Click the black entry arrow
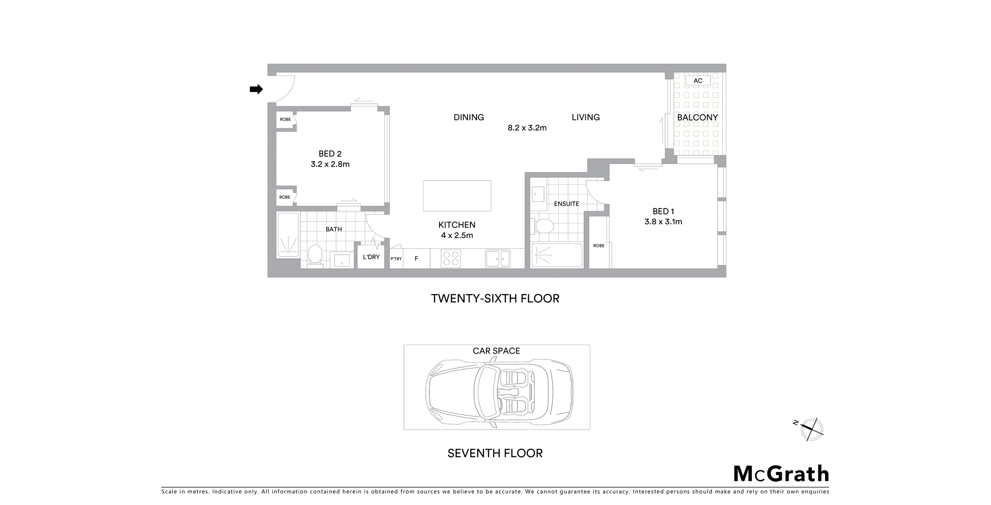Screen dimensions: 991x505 (256, 89)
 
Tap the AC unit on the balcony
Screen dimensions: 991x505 (698, 81)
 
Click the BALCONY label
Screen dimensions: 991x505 (697, 117)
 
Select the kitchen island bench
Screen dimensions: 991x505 (457, 196)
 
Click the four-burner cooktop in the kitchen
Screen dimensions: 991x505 (451, 259)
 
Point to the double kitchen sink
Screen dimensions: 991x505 (498, 259)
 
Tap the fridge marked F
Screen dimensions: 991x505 (417, 259)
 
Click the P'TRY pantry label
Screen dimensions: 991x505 (396, 259)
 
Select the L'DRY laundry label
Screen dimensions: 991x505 (371, 257)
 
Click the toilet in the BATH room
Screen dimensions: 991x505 (315, 256)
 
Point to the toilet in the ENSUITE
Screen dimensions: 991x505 (542, 226)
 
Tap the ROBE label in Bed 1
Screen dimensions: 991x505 (599, 246)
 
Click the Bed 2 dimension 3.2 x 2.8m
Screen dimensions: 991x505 (330, 164)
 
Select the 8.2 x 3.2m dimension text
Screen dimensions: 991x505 (527, 128)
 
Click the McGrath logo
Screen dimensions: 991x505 (781, 474)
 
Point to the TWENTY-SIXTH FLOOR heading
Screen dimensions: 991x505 (495, 299)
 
